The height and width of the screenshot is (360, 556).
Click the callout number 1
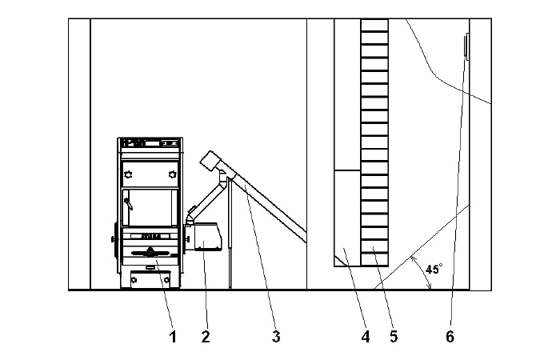tap(173, 337)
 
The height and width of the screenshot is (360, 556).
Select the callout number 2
tap(206, 337)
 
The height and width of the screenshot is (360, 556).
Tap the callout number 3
tap(276, 337)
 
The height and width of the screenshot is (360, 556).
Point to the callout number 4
tap(366, 337)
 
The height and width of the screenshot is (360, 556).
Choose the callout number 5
tap(394, 337)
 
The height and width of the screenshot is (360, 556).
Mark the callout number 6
tap(450, 337)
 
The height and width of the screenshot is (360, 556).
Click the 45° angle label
tap(433, 270)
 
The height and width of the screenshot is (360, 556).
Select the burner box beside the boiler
tap(206, 237)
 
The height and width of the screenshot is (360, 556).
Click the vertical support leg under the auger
tap(230, 232)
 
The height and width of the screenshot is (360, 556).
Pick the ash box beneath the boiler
tap(150, 278)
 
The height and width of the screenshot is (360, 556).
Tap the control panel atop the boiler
tap(150, 144)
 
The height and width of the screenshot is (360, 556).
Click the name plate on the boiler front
tap(150, 237)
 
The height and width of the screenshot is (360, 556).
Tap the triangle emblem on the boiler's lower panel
tap(150, 253)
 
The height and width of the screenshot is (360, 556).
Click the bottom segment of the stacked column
tap(374, 258)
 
